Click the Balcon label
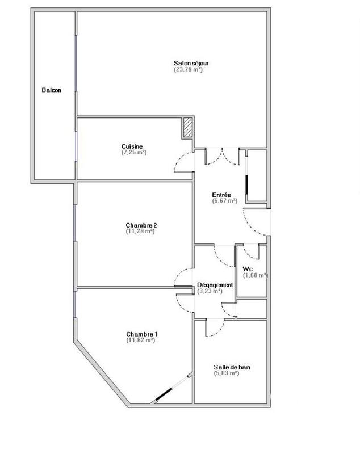tap(51, 90)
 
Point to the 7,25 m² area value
tap(134, 152)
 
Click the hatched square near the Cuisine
tap(188, 128)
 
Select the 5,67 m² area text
tap(224, 200)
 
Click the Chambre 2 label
tap(141, 225)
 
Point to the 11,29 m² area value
tap(141, 231)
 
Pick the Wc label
tap(248, 268)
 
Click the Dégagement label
tap(215, 284)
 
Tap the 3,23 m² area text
tap(210, 291)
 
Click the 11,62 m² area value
tap(141, 340)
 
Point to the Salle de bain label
tap(232, 367)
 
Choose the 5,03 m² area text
tap(227, 373)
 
